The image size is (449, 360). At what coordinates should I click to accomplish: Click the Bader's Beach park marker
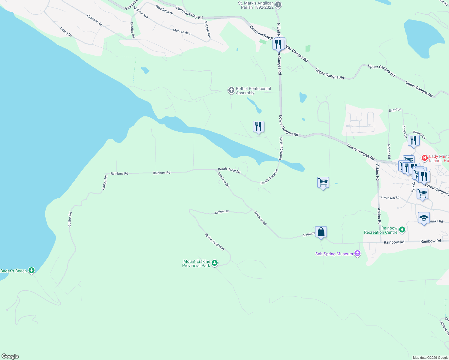tap(32, 271)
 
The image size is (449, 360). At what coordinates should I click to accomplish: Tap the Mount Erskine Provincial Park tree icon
tap(214, 263)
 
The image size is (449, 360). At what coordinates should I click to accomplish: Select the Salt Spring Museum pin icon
tap(357, 254)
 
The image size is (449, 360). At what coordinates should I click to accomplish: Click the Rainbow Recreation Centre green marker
tap(402, 230)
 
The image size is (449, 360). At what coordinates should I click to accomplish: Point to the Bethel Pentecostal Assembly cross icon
tap(231, 90)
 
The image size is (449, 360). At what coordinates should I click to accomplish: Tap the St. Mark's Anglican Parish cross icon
tap(278, 4)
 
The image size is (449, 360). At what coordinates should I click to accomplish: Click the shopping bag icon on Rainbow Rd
tap(321, 232)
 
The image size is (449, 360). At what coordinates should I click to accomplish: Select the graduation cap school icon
tap(423, 218)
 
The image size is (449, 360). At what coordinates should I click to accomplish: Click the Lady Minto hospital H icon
tap(424, 158)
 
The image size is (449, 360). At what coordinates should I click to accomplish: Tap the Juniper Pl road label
tap(221, 212)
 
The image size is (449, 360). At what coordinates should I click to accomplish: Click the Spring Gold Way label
tap(215, 241)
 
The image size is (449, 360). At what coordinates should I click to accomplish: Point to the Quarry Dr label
tap(66, 32)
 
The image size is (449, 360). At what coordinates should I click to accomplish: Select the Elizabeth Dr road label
tap(94, 20)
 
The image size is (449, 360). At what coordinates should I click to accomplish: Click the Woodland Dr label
tap(164, 10)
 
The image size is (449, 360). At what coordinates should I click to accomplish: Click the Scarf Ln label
tap(395, 110)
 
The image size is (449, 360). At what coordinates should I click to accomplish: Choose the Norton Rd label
tap(389, 151)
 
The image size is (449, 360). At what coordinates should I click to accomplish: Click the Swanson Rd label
tap(390, 198)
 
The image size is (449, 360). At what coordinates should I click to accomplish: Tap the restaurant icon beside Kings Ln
tap(414, 140)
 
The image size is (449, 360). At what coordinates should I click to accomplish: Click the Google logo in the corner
tap(10, 356)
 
